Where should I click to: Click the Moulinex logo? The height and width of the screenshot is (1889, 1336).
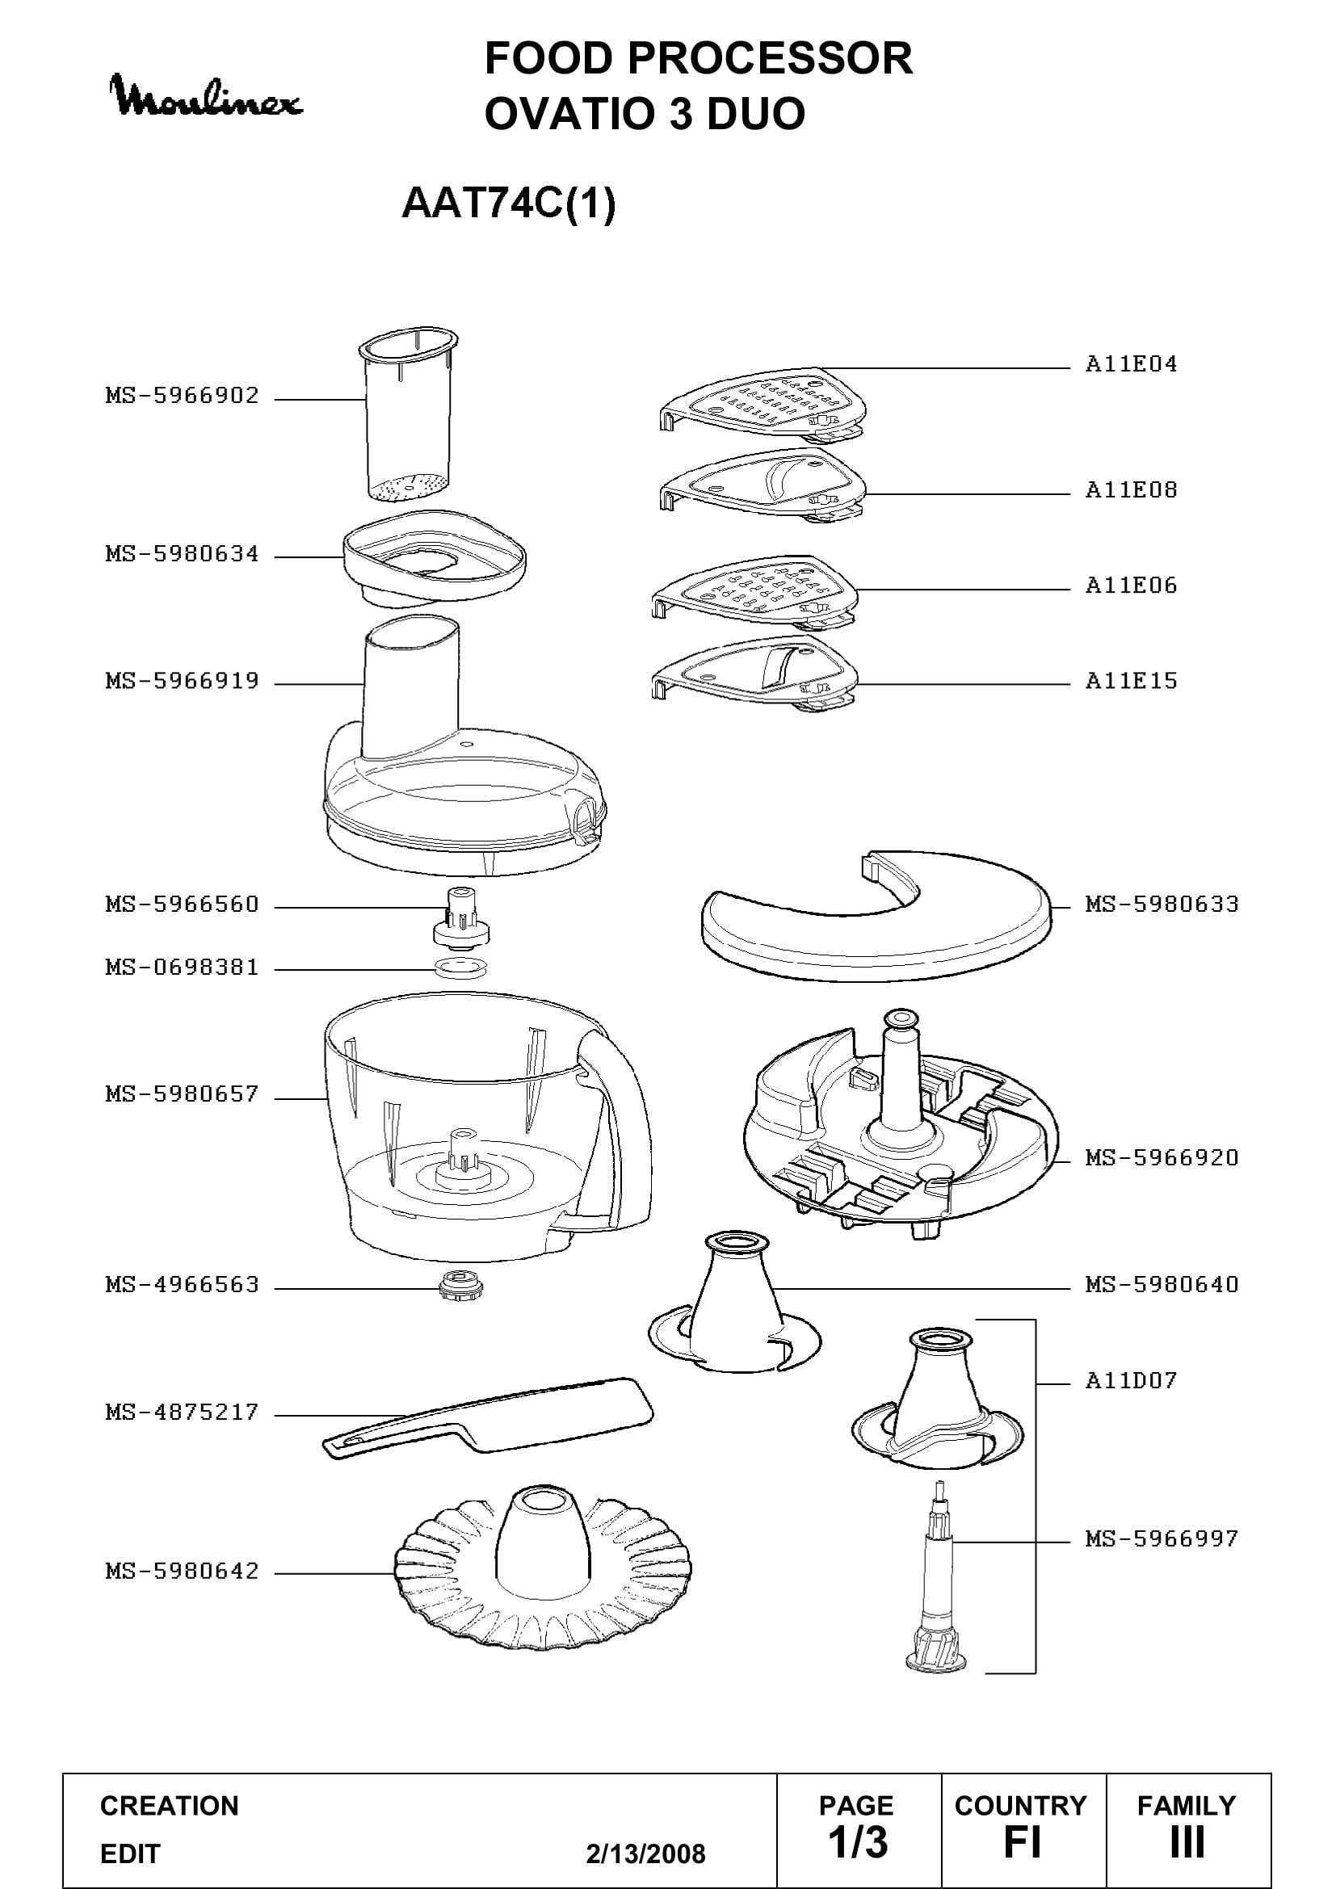[x=207, y=97]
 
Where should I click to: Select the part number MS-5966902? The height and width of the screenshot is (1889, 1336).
[x=182, y=396]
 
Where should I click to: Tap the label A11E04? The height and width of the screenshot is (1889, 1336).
[x=1131, y=364]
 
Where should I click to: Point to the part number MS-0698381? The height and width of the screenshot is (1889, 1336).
[x=182, y=968]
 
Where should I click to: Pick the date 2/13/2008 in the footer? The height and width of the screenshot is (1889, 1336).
[x=646, y=1853]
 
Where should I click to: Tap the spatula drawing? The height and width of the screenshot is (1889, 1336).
[x=487, y=1417]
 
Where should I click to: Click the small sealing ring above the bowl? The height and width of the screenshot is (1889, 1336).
[x=460, y=968]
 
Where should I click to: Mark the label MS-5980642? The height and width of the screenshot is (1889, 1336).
[x=182, y=1572]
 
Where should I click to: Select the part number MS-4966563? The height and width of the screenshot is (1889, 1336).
[x=182, y=1285]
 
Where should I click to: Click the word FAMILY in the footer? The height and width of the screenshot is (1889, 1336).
[x=1187, y=1805]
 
